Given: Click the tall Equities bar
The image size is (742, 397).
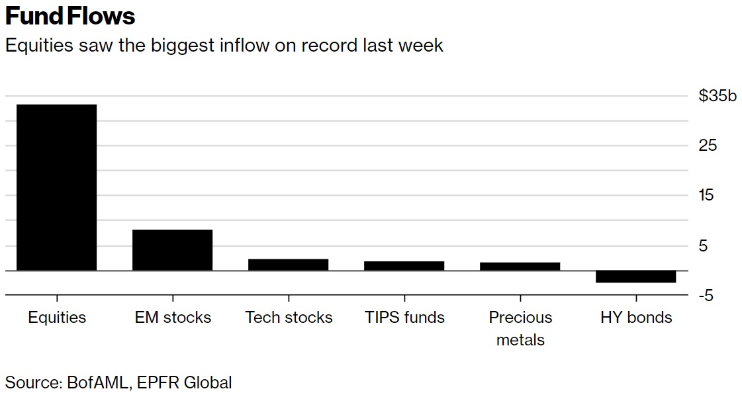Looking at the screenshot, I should (56, 187).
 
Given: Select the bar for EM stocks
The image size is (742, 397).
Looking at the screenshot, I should (172, 250).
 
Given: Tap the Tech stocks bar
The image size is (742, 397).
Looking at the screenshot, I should (288, 265).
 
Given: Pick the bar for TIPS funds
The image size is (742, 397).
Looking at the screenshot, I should (404, 266).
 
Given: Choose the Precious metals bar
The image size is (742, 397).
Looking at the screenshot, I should (520, 267).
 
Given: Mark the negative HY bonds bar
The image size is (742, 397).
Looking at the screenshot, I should (635, 277).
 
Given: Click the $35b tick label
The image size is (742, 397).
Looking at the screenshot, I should (717, 96).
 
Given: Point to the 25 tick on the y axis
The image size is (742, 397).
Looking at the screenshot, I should (708, 146).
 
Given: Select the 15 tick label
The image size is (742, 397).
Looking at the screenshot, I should (708, 195).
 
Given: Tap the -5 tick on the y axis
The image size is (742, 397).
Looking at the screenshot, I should (706, 295).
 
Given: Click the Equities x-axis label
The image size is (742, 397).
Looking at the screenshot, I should (57, 318).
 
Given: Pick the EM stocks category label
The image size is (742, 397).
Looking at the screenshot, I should (173, 318).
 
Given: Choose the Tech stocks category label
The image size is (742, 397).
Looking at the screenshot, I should (289, 318).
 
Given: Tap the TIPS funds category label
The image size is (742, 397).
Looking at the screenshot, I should (404, 318).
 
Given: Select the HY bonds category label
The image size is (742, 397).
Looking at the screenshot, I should (636, 318).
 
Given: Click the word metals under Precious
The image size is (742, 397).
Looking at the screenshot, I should (520, 340).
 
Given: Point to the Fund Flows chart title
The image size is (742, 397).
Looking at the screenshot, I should (70, 16).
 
